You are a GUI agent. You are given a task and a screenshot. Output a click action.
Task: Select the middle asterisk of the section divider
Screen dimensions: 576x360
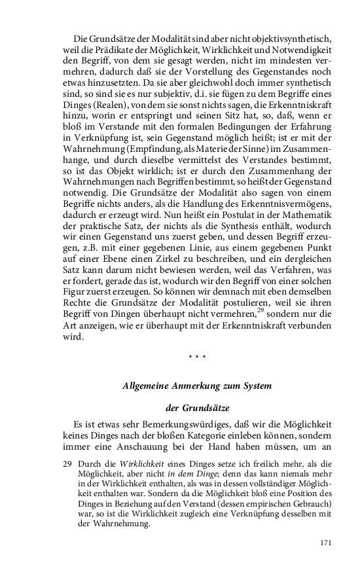(198, 357)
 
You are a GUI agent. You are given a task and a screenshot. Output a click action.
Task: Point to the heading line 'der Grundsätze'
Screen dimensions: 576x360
(198, 408)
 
